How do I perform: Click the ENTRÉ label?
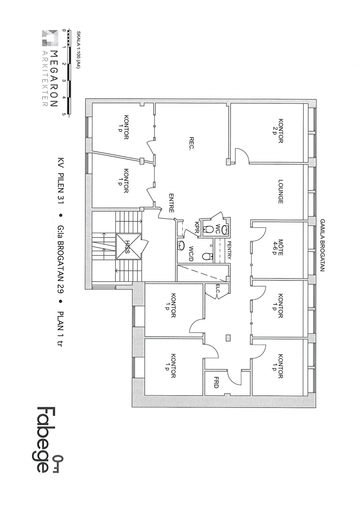[x=171, y=203]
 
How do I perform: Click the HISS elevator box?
[x=129, y=246]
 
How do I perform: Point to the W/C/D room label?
[x=191, y=254]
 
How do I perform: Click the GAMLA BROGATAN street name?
[x=323, y=245]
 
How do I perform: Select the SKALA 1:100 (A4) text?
[x=78, y=49]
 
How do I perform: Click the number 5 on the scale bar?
[x=64, y=114]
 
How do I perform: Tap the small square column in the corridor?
[x=228, y=338]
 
